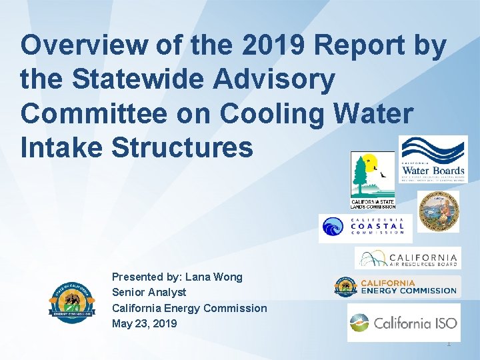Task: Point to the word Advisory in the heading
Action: (x=288, y=79)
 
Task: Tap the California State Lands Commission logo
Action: (x=373, y=179)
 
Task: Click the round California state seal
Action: (x=438, y=211)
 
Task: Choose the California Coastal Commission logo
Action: (x=365, y=227)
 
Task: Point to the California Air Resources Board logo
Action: (x=407, y=259)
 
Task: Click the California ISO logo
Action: (x=403, y=323)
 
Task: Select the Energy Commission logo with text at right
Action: (x=396, y=287)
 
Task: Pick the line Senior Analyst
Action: (x=149, y=292)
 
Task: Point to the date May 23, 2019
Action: (x=144, y=323)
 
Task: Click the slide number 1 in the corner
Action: (x=449, y=343)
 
